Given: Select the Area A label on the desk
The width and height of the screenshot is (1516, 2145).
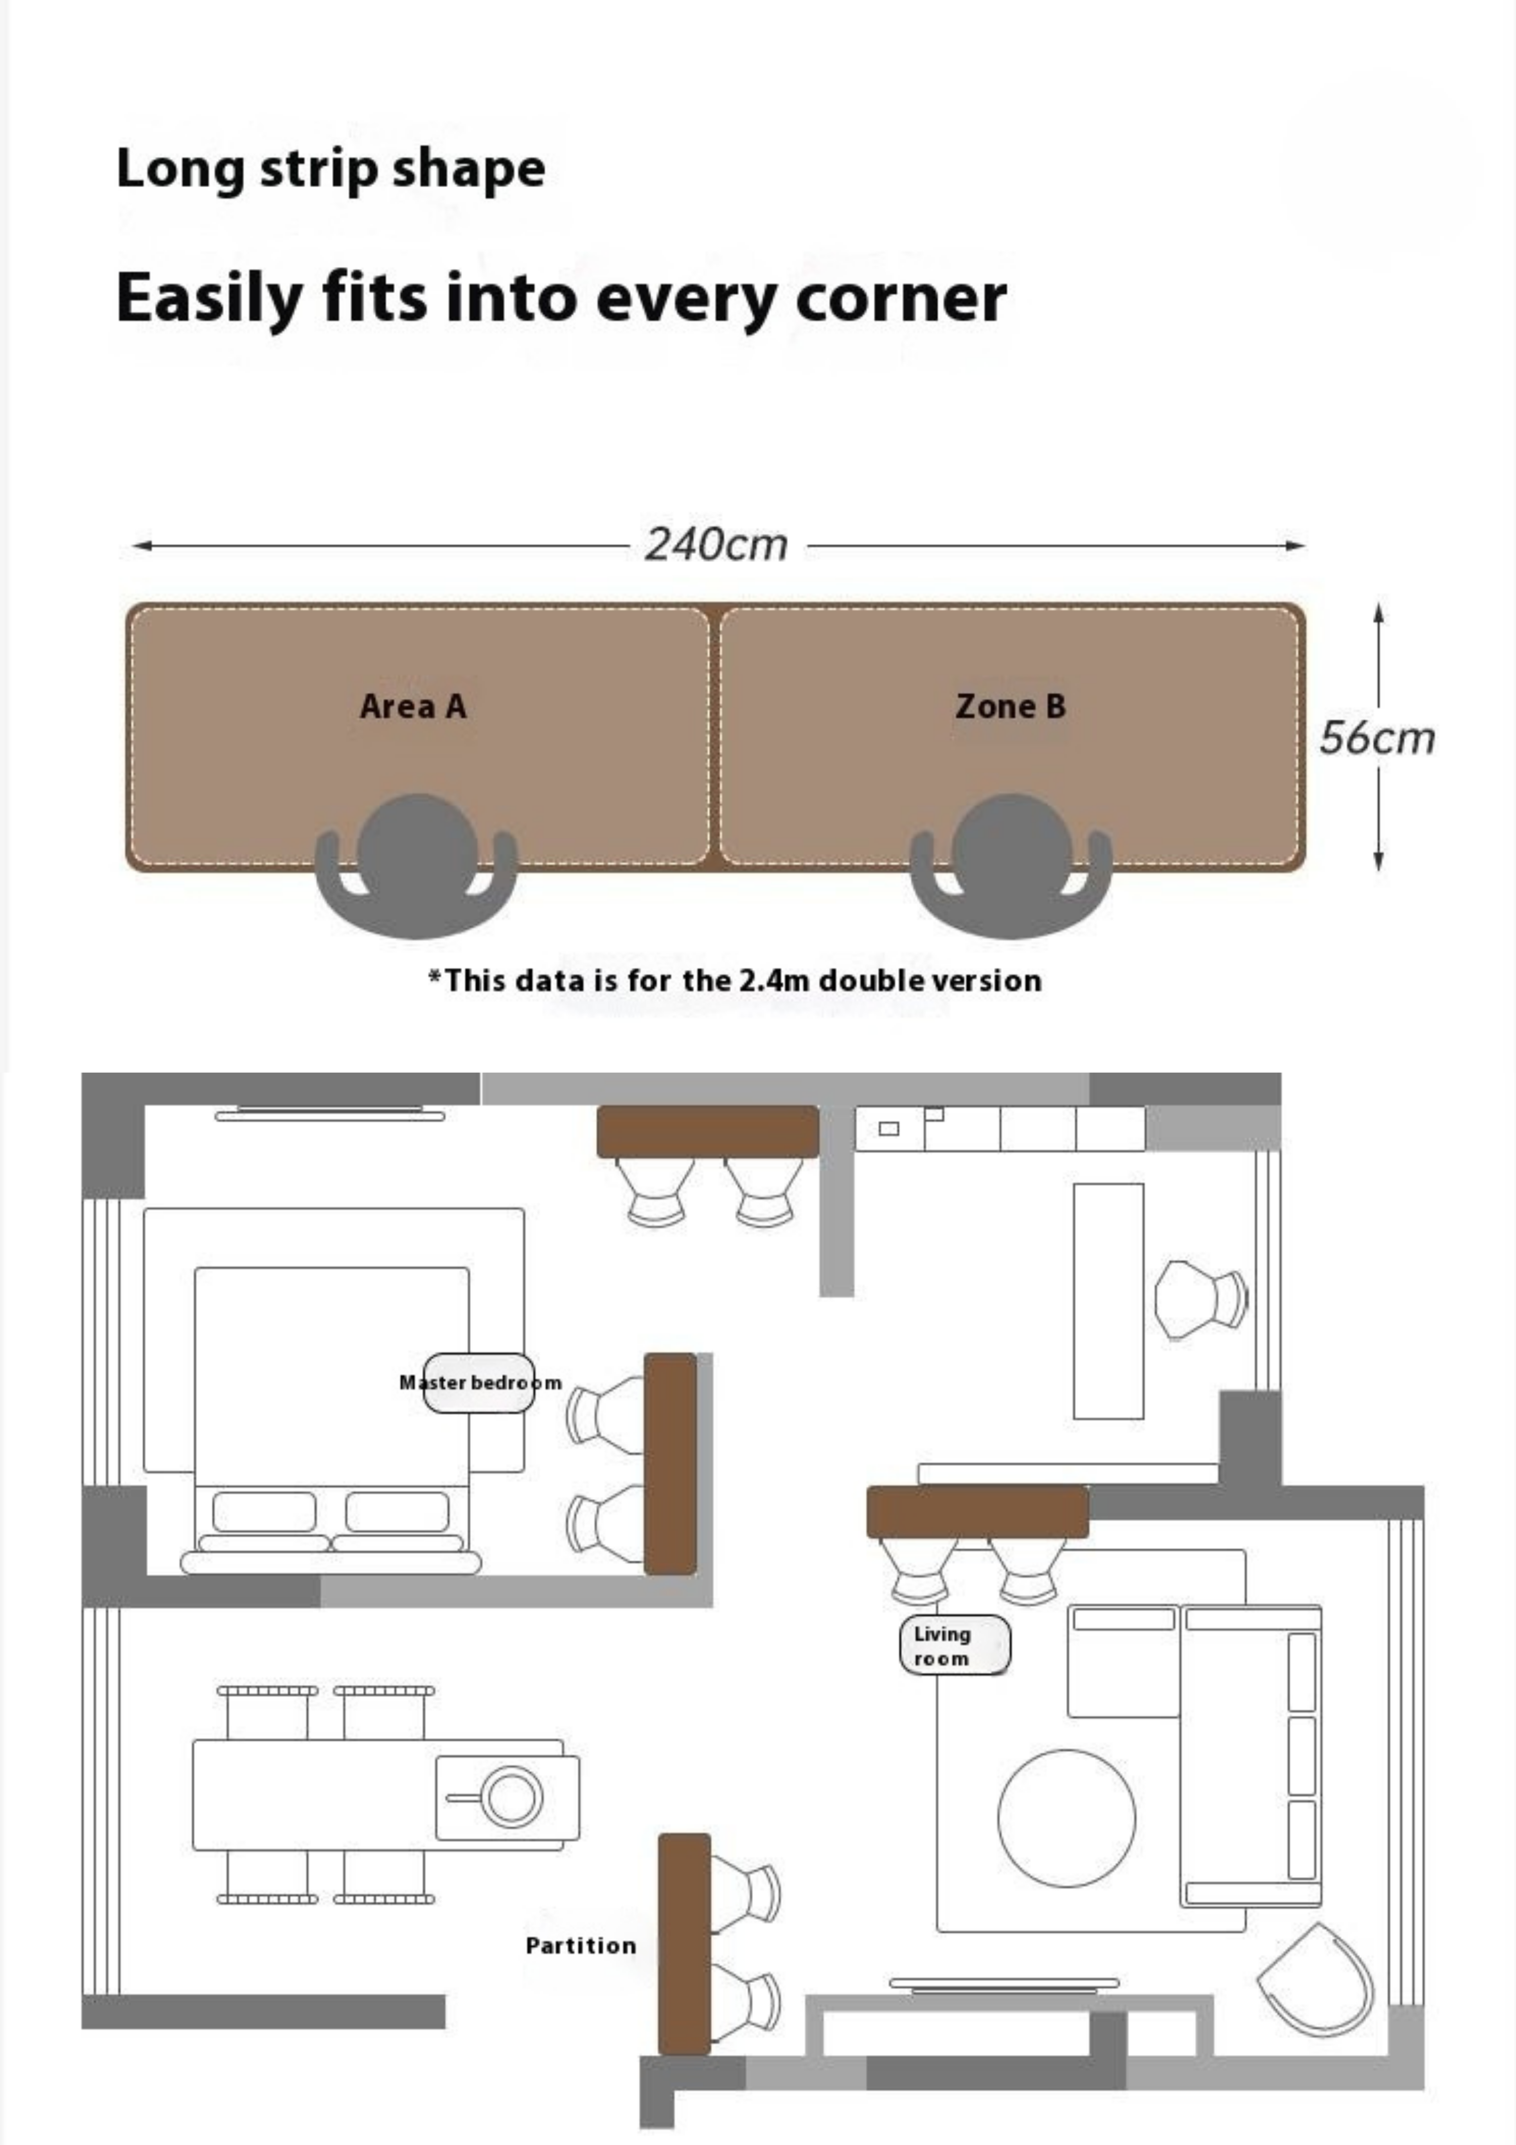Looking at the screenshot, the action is click(413, 706).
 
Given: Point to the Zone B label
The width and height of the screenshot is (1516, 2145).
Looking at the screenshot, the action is click(1010, 706).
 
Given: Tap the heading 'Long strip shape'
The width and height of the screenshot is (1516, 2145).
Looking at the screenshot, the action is click(331, 170).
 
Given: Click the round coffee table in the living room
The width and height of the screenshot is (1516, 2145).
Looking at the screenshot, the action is click(1067, 1818).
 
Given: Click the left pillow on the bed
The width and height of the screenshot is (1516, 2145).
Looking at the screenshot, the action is click(264, 1511).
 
